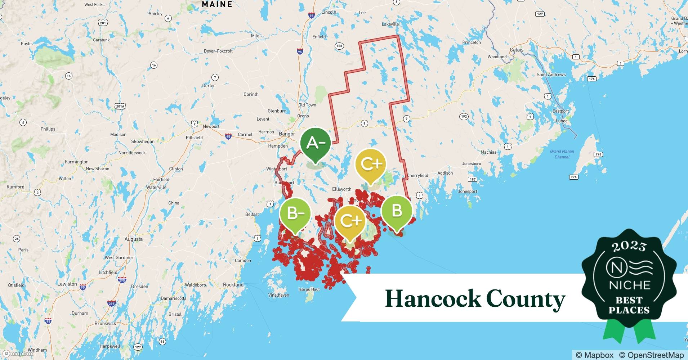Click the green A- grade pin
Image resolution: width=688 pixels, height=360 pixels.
[316, 144]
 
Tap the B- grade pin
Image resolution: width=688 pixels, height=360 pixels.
[295, 214]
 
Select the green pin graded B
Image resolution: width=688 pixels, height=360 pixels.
[396, 211]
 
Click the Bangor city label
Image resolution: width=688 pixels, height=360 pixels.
[287, 134]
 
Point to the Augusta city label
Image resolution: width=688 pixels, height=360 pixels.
[133, 239]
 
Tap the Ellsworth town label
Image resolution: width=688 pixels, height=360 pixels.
[341, 189]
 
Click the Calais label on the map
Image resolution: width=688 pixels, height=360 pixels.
[517, 50]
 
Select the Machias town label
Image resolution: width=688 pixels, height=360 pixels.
[488, 152]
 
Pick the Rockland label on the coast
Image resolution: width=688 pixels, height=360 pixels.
[233, 284]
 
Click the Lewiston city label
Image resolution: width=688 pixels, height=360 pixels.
[67, 284]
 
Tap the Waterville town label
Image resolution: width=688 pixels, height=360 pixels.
[156, 187]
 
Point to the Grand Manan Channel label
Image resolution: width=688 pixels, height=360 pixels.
[562, 154]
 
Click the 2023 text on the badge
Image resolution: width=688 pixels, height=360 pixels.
[629, 246]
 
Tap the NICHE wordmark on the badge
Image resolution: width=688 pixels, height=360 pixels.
[629, 285]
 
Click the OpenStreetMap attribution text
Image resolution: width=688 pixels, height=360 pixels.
[651, 355]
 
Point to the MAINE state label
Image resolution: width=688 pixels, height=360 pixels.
[217, 4]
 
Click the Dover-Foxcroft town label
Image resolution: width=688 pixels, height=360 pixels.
[218, 51]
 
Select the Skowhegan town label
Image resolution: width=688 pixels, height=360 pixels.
[143, 141]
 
